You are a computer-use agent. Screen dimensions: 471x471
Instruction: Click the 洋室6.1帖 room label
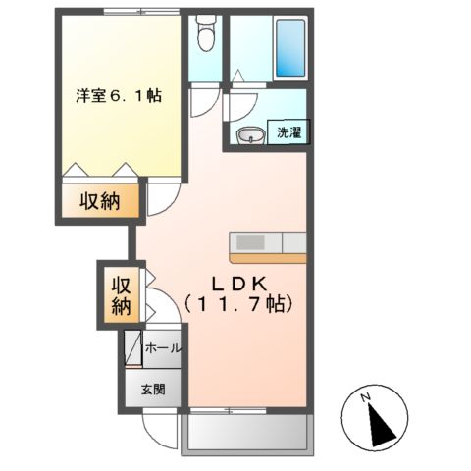119,97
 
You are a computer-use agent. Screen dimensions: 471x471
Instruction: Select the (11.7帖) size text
238,304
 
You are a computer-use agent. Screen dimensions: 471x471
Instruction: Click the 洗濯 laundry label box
288,132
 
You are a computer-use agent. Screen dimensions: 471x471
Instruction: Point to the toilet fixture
204,36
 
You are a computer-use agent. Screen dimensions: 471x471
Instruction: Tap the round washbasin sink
248,135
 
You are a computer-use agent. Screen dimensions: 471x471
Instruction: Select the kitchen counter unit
268,245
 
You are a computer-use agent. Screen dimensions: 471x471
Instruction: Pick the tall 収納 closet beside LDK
121,295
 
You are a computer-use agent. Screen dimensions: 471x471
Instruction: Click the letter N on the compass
364,397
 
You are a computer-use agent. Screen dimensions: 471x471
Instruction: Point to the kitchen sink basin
249,241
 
